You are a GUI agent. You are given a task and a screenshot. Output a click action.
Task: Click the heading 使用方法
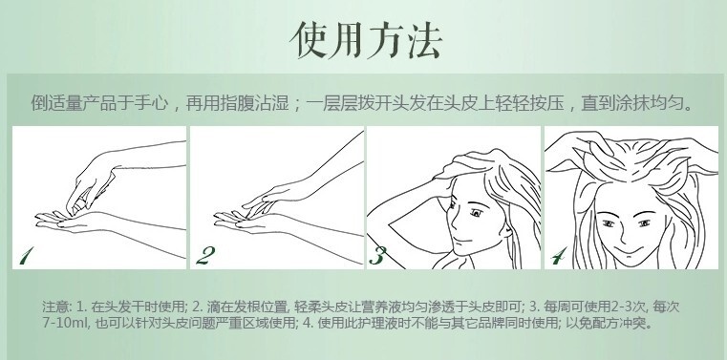[x=366, y=39]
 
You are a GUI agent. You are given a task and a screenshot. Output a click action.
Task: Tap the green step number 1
[x=27, y=256]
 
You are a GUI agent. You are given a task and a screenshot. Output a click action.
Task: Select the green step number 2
[x=205, y=256]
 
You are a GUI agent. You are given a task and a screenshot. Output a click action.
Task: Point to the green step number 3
[x=377, y=256]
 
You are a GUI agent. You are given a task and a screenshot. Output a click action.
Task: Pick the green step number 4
[x=559, y=256]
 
